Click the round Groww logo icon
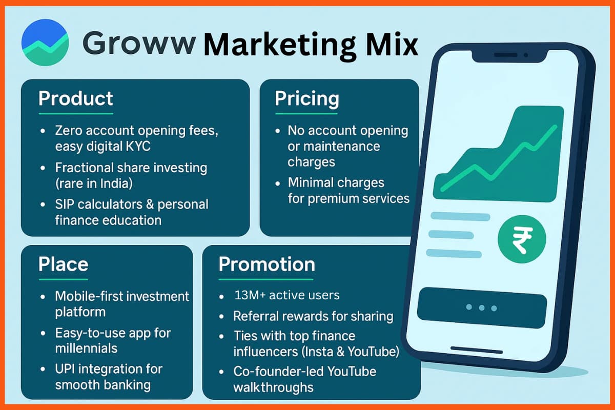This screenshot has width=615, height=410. tap(45, 43)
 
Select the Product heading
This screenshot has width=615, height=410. tap(75, 98)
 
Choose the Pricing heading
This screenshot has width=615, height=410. tap(306, 98)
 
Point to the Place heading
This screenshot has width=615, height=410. tap(63, 264)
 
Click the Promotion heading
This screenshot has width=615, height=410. tap(266, 264)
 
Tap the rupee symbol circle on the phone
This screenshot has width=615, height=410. tap(522, 239)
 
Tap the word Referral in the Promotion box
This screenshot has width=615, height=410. tap(254, 316)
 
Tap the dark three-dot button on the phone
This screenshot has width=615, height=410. tap(481, 307)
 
